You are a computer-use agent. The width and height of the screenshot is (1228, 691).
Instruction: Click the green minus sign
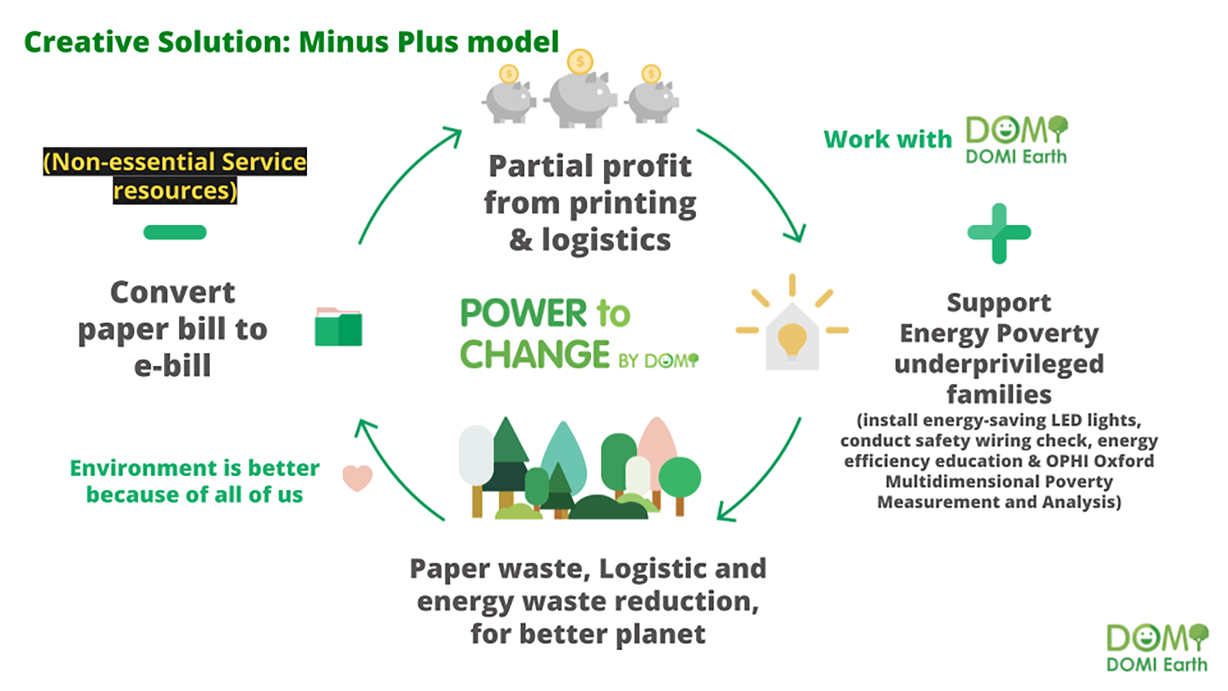(x=175, y=233)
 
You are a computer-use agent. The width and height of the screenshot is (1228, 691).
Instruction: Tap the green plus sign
(x=999, y=233)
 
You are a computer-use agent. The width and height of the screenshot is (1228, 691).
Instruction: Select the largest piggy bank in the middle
(x=581, y=98)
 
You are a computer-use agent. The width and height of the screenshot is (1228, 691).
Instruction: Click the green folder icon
(x=338, y=327)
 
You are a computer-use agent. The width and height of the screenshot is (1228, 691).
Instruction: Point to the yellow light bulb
(x=791, y=338)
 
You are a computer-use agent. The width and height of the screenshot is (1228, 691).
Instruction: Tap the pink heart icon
(x=357, y=477)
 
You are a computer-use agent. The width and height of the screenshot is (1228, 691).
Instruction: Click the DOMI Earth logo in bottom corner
(x=1156, y=647)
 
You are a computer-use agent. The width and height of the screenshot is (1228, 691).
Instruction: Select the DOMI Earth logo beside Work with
(x=1016, y=140)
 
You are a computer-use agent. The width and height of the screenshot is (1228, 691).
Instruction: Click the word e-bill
(x=173, y=366)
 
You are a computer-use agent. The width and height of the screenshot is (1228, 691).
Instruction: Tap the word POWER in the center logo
(x=523, y=314)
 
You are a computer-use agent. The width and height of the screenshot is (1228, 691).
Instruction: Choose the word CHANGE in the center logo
(x=535, y=355)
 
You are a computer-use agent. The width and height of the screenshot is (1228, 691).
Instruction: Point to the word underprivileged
(x=999, y=364)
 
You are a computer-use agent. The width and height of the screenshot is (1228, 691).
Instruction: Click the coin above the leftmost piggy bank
(x=509, y=74)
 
